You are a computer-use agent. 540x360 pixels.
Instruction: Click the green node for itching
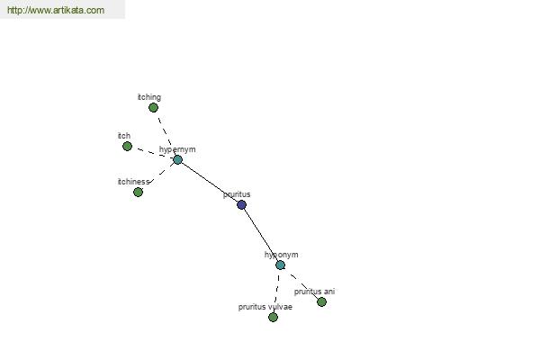pos(153,108)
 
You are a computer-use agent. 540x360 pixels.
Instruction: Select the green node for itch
pos(127,147)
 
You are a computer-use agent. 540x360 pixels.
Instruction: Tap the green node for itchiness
pos(138,193)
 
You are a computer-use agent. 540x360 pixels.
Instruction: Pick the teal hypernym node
pos(177,159)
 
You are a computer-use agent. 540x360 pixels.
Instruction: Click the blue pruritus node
pos(241,205)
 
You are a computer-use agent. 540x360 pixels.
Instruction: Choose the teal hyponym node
pos(280,265)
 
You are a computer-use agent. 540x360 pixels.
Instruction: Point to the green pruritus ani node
pos(321,302)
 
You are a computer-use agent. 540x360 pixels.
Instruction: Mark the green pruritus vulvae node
pos(273,318)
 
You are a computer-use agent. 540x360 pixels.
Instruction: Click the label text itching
pos(149,97)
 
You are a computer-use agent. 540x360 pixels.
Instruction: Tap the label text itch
pos(124,136)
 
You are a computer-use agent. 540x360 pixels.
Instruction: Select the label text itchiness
pos(133,182)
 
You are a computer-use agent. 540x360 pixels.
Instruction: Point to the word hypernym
pos(177,149)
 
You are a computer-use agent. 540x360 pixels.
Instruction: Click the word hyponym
pos(282,255)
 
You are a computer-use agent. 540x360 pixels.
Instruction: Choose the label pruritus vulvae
pos(265,307)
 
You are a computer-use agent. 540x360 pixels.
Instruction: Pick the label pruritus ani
pos(314,292)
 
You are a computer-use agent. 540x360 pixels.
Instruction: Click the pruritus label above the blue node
pos(237,194)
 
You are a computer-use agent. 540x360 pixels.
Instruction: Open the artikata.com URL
pos(56,10)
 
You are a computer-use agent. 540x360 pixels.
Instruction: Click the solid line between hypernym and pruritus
pos(210,182)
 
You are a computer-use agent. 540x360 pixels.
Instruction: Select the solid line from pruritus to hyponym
pos(262,234)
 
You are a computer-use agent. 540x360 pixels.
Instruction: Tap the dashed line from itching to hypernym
pos(165,132)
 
